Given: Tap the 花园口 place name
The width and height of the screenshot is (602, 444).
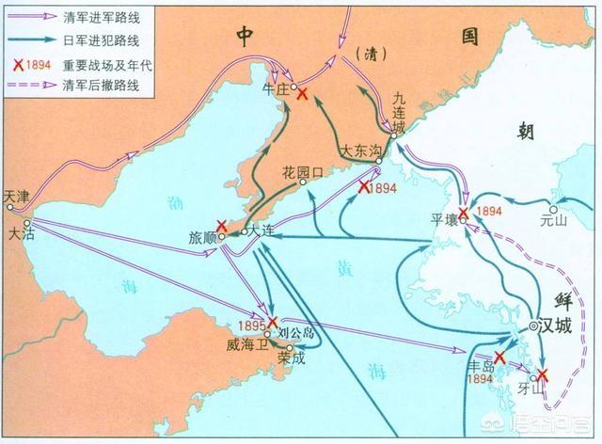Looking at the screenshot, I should tap(302, 172).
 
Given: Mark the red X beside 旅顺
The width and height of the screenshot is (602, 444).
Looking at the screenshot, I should tap(221, 227).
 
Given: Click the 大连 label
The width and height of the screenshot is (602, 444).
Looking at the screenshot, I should tap(266, 232).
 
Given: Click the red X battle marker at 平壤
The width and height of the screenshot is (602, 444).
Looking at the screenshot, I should tap(463, 214).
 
